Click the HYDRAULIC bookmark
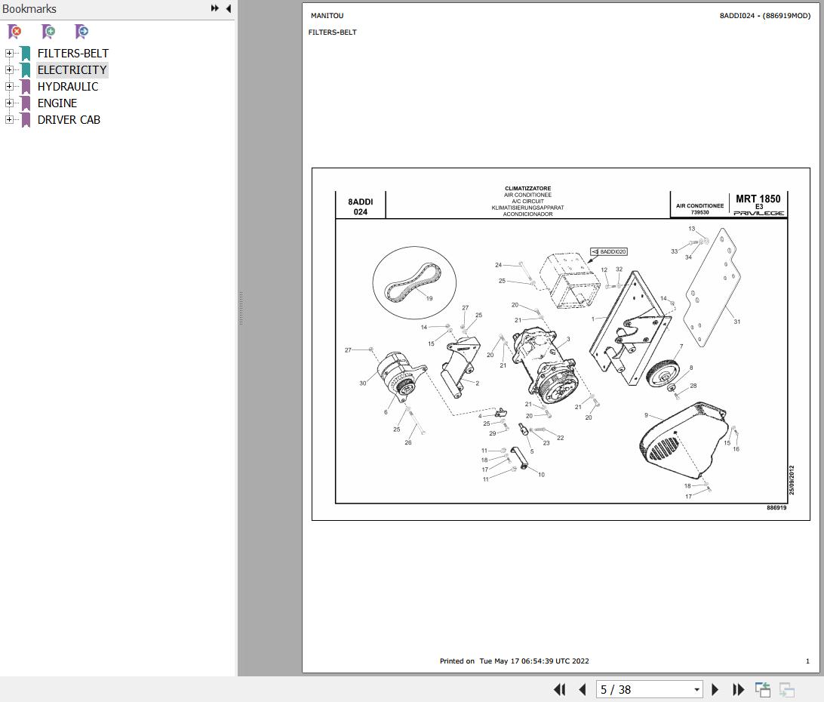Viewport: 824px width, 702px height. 67,87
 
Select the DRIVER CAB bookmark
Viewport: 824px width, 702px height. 69,120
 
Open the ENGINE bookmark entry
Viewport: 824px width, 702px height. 57,103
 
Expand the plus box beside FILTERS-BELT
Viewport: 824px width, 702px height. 9,53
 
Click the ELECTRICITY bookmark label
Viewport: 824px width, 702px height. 72,70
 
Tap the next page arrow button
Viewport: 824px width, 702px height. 715,689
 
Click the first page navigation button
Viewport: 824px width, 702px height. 560,689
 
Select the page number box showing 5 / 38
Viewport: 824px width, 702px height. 649,689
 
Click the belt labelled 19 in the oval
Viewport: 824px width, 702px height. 413,283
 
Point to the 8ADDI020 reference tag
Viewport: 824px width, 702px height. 608,252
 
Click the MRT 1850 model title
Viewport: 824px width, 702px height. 758,199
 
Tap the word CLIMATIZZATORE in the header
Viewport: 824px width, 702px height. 527,188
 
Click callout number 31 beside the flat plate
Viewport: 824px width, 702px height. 736,322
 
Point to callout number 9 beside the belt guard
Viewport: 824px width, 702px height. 647,415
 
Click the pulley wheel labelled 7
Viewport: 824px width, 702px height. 663,373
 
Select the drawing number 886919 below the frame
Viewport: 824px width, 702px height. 776,508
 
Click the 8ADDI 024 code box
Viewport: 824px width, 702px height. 361,207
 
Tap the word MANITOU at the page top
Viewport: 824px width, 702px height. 327,16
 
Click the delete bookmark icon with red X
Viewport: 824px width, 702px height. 15,32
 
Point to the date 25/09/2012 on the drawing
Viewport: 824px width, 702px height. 792,480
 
